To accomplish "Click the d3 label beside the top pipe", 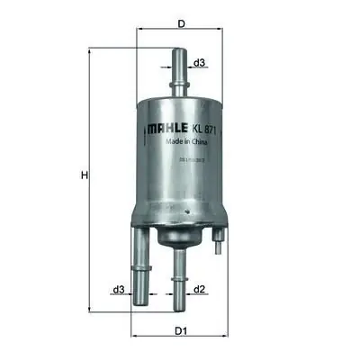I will pos(200,62).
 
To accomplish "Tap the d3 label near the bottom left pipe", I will pos(118,289).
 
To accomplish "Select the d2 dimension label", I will pos(200,289).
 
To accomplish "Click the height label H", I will pos(83,175).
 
